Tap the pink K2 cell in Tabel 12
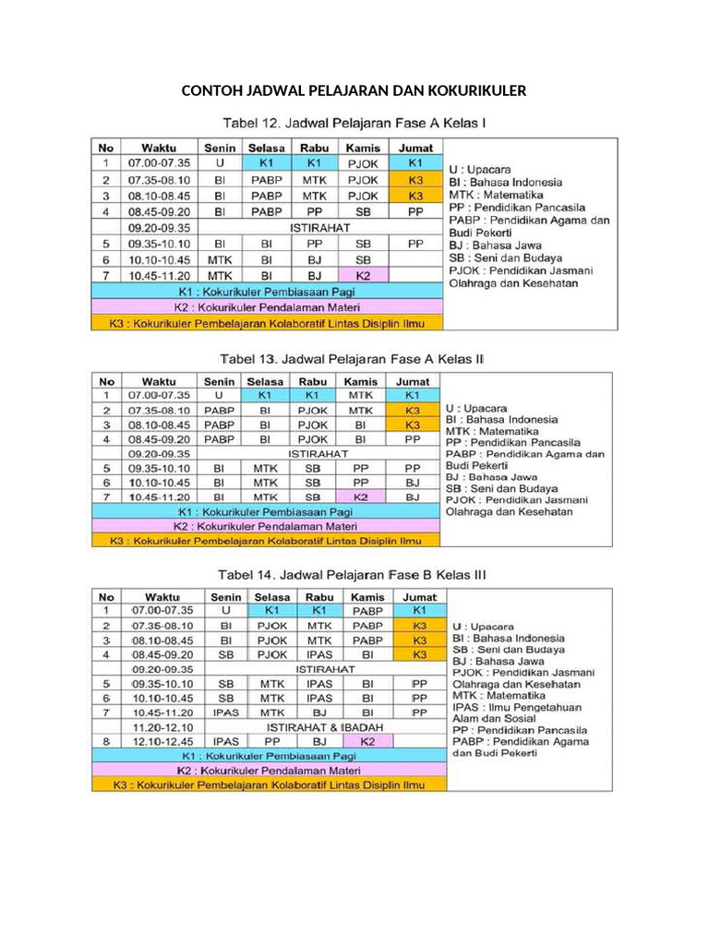(363, 275)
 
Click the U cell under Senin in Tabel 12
(220, 163)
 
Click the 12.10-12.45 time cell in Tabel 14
(162, 741)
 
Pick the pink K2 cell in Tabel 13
(361, 496)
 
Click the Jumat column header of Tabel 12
(415, 148)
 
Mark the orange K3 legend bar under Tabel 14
(268, 784)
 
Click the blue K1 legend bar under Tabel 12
(266, 291)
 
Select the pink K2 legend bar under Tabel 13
(266, 526)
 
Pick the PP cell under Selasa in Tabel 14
(272, 741)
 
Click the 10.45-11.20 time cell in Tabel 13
(159, 496)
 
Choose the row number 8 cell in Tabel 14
(106, 741)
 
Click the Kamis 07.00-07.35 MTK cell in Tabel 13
(361, 395)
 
